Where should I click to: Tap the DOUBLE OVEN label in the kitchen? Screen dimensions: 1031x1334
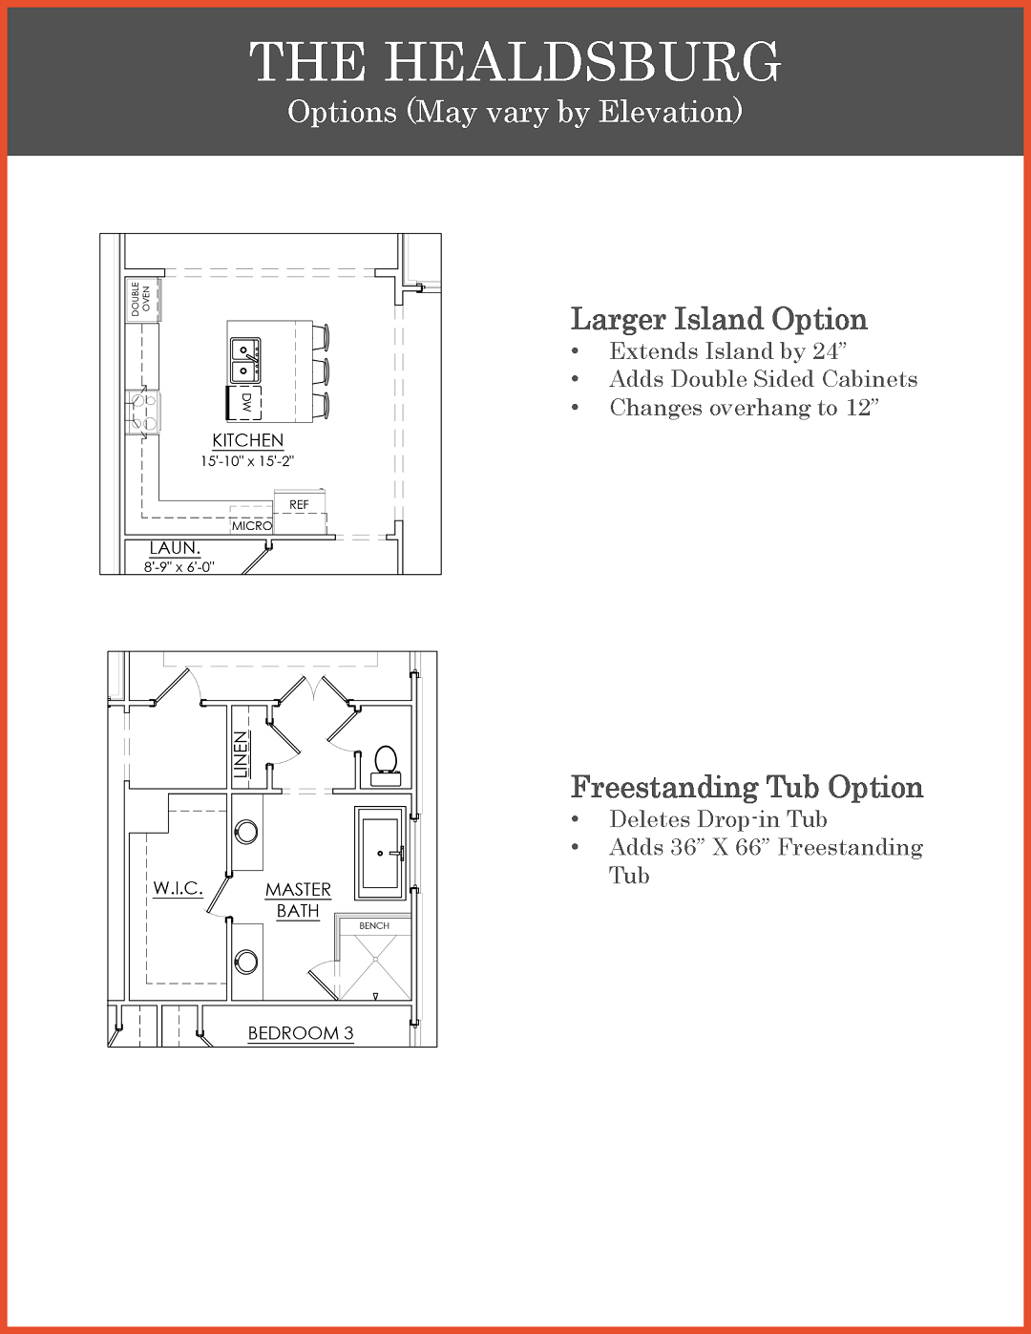[x=140, y=298]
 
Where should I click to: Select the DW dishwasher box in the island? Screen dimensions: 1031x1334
[x=244, y=403]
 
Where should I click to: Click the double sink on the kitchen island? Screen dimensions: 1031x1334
[x=245, y=359]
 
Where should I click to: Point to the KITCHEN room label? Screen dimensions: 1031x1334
[x=248, y=440]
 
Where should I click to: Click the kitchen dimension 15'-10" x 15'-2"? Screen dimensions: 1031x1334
[x=247, y=461]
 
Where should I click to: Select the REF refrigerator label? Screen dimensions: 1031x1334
[x=299, y=504]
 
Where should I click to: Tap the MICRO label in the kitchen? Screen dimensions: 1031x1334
[x=252, y=526]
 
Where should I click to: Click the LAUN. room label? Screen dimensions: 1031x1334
[x=175, y=547]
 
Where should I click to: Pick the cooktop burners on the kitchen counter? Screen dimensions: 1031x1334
[x=143, y=412]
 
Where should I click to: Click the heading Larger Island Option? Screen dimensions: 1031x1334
[x=719, y=320]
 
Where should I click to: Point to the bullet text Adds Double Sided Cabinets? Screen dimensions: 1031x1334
[x=763, y=379]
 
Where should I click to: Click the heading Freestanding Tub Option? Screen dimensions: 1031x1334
[x=747, y=788]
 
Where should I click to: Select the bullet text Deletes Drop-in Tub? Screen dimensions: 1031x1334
[x=718, y=819]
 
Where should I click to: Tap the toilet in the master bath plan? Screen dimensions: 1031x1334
[x=386, y=766]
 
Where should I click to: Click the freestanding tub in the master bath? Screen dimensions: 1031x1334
[x=381, y=854]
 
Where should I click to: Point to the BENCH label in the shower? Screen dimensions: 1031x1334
[x=374, y=925]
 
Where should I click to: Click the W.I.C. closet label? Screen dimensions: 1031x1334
[x=178, y=888]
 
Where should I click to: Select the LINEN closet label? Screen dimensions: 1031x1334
[x=241, y=753]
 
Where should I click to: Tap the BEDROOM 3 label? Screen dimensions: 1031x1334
[x=301, y=1033]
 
